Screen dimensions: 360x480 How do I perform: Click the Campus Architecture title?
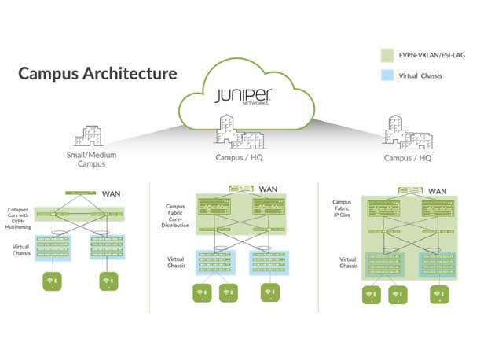pyautogui.click(x=97, y=74)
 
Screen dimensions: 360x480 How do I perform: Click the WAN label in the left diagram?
pyautogui.click(x=111, y=192)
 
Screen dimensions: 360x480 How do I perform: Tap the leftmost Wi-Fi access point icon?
pyautogui.click(x=53, y=281)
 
